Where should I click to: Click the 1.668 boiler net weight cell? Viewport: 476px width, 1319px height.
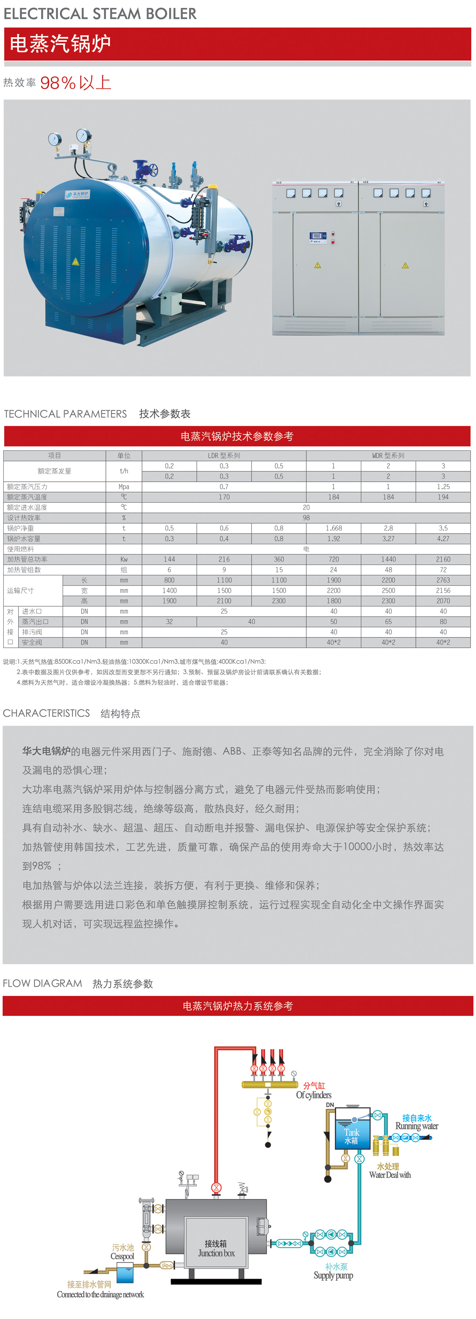click(333, 528)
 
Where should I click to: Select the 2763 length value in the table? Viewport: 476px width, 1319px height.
click(443, 580)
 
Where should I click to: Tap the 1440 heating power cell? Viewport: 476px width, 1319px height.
click(388, 559)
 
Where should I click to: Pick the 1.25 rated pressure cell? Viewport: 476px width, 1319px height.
click(443, 486)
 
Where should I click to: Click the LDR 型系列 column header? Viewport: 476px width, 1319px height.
click(224, 455)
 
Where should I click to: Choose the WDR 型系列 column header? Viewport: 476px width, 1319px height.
click(388, 455)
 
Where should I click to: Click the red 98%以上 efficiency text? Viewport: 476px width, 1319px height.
click(75, 83)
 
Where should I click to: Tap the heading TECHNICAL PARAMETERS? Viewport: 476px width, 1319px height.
click(65, 414)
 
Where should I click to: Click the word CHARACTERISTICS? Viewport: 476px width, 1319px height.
click(46, 713)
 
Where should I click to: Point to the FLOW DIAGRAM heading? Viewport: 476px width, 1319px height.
click(42, 983)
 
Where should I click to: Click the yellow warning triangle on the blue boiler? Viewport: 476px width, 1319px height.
click(76, 261)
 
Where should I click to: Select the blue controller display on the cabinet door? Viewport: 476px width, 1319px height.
click(317, 236)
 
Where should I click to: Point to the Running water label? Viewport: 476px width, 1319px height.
click(416, 1126)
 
